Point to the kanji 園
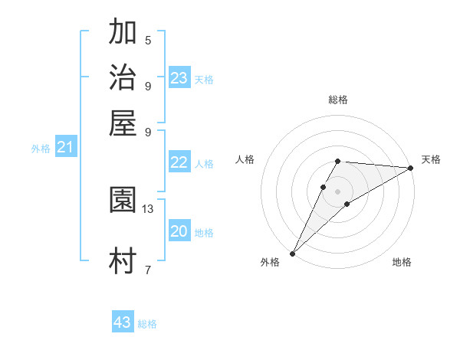point(123,201)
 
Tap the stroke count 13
point(148,208)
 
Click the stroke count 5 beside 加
point(148,40)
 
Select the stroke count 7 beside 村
point(148,270)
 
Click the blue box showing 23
point(179,78)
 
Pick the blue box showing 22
point(179,162)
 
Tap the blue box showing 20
point(179,231)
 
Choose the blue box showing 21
point(65,148)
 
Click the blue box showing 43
point(123,322)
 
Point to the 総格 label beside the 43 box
point(147,324)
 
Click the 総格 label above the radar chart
point(337,100)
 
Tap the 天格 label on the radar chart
point(431,159)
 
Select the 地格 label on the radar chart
point(402,262)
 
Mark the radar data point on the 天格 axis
point(410,168)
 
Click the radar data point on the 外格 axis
point(292,253)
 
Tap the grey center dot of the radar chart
point(337,191)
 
